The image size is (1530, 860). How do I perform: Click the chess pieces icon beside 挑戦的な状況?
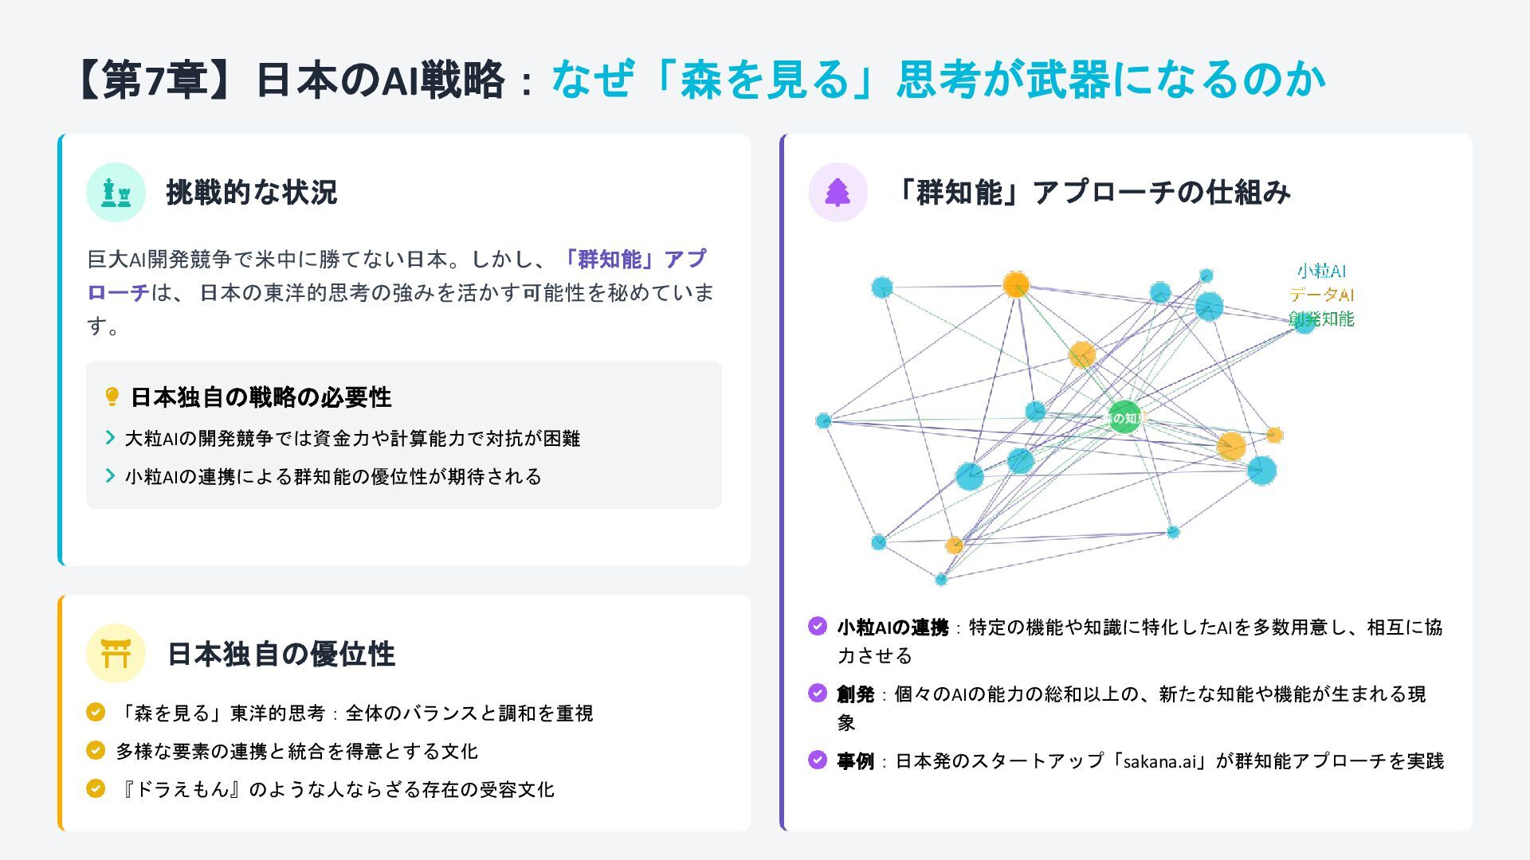pyautogui.click(x=116, y=192)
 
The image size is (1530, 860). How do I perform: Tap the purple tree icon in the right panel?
pyautogui.click(x=838, y=192)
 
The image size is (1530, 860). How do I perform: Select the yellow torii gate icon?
pyautogui.click(x=116, y=654)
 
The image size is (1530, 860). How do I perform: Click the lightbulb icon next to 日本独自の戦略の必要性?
pyautogui.click(x=112, y=397)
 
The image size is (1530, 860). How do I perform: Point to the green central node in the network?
pyautogui.click(x=1124, y=417)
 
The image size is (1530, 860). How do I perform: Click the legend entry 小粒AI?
pyautogui.click(x=1321, y=271)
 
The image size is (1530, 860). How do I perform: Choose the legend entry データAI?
pyautogui.click(x=1321, y=295)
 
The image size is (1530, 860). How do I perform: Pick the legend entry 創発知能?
pyautogui.click(x=1321, y=319)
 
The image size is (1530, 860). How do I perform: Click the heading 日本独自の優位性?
pyautogui.click(x=280, y=654)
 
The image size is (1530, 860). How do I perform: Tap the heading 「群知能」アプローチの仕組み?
pyautogui.click(x=1090, y=192)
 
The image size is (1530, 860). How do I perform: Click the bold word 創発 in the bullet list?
pyautogui.click(x=855, y=694)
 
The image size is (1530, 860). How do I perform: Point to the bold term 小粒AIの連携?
pyautogui.click(x=892, y=627)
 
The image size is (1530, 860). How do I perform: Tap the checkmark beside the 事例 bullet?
pyautogui.click(x=818, y=760)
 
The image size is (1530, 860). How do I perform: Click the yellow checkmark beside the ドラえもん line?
pyautogui.click(x=96, y=788)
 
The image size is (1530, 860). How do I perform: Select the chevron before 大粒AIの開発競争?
pyautogui.click(x=110, y=437)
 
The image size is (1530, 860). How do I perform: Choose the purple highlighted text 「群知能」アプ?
pyautogui.click(x=634, y=259)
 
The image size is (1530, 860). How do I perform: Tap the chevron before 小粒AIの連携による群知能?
pyautogui.click(x=110, y=475)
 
